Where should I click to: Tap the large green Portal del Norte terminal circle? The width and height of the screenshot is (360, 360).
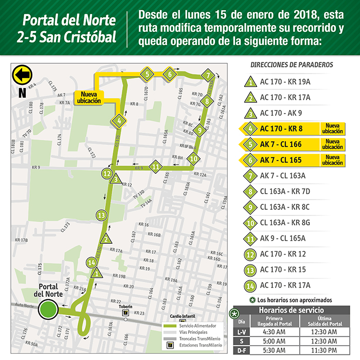pyautogui.click(x=48, y=310)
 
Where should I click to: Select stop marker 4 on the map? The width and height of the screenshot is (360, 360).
pyautogui.click(x=119, y=121)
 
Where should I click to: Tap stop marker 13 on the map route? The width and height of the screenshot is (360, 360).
pyautogui.click(x=101, y=215)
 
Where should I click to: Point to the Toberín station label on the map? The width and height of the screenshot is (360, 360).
pyautogui.click(x=125, y=307)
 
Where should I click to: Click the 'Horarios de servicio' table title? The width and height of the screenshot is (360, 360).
pyautogui.click(x=291, y=310)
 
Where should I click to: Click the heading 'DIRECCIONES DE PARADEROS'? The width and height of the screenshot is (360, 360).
pyautogui.click(x=292, y=65)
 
